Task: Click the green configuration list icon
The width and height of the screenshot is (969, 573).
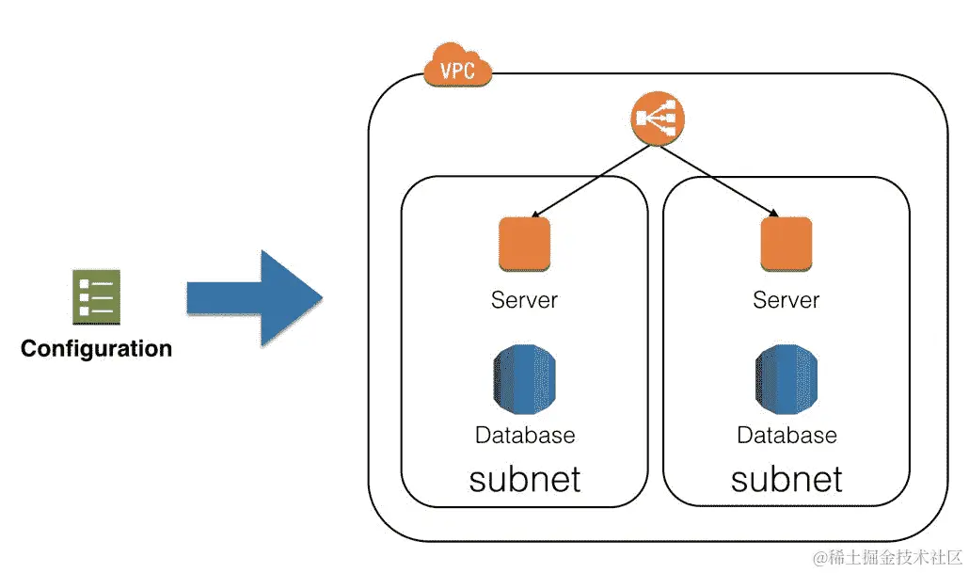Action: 95,296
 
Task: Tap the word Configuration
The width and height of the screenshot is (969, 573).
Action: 96,349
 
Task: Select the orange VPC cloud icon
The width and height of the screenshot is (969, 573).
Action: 457,67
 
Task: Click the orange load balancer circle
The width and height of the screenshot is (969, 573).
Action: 656,119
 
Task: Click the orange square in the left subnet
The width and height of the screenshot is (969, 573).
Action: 524,245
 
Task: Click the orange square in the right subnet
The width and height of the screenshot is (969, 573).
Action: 786,245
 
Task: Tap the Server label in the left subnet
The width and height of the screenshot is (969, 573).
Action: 524,300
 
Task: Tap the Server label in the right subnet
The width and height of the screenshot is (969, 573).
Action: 786,300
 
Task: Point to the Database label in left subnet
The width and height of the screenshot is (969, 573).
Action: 524,435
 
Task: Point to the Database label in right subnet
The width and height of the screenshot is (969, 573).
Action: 786,435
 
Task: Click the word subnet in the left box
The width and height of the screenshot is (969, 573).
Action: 524,479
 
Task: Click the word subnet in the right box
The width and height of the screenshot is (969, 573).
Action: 786,479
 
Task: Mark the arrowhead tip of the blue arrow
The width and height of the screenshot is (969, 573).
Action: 322,298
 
